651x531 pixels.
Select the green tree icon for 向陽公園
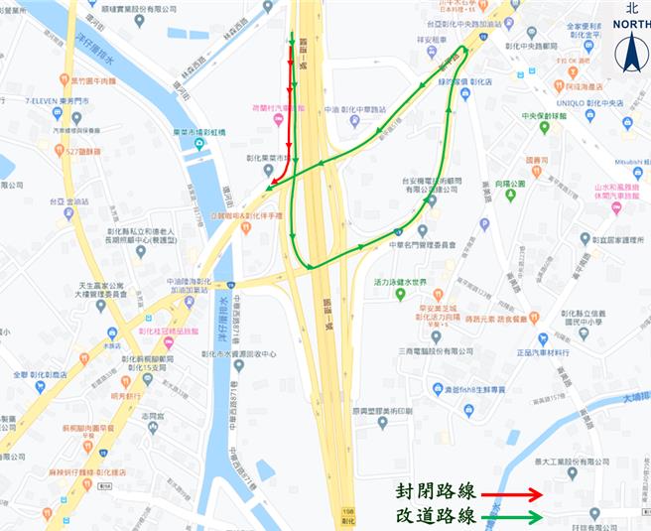point(510,196)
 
